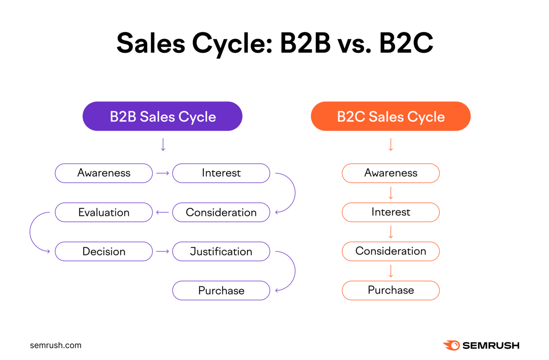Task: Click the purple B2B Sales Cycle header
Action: [163, 117]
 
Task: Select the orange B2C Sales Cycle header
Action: [391, 117]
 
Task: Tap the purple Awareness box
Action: [104, 173]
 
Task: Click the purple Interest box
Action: [221, 173]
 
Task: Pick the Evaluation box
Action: [104, 212]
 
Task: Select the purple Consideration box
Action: [221, 212]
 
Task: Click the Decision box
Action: [104, 252]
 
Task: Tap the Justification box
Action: [221, 252]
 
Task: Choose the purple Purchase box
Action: [221, 291]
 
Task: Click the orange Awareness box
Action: [391, 173]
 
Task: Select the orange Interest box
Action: [391, 212]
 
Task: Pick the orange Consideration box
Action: [391, 251]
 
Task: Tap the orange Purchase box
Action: [391, 290]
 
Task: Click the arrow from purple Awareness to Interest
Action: [163, 173]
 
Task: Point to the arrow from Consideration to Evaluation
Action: [163, 212]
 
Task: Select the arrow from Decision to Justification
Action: [163, 252]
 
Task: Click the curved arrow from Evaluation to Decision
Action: [31, 232]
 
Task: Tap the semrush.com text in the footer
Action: [56, 345]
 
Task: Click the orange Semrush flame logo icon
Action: [451, 345]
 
